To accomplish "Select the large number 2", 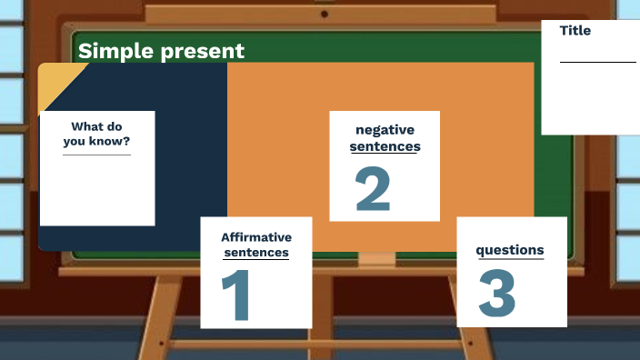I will (x=373, y=188).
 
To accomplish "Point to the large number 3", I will (x=496, y=293).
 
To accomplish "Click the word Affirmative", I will (x=256, y=237).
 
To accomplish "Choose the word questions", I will (x=510, y=250).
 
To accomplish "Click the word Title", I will (x=575, y=30).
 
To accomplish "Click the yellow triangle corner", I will (x=55, y=80).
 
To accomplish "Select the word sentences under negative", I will (x=385, y=145).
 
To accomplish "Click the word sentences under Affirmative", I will (x=256, y=253).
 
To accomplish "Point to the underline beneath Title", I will (x=597, y=62).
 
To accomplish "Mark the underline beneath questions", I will (x=510, y=260).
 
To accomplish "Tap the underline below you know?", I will (x=96, y=155).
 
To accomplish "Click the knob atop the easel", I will (x=325, y=14).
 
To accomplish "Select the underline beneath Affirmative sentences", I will (x=256, y=261).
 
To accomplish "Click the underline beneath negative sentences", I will (x=385, y=154).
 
